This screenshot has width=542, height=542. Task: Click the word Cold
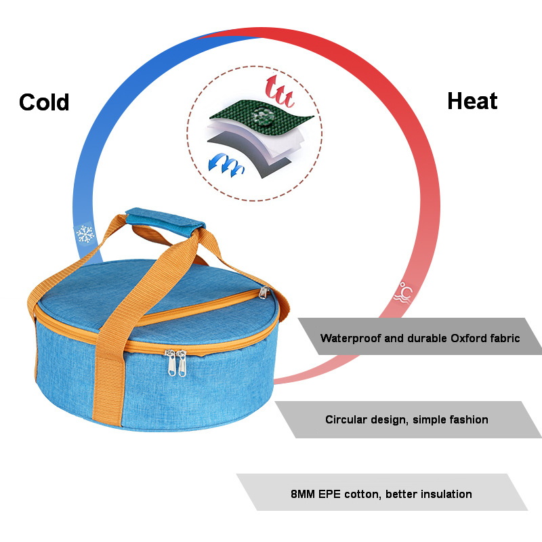44,102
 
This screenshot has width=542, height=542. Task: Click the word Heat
472,102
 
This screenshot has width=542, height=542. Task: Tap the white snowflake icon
85,234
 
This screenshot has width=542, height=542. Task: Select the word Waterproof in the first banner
350,337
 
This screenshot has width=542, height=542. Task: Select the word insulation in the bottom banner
442,494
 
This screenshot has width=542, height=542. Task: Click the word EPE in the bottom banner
338,494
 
